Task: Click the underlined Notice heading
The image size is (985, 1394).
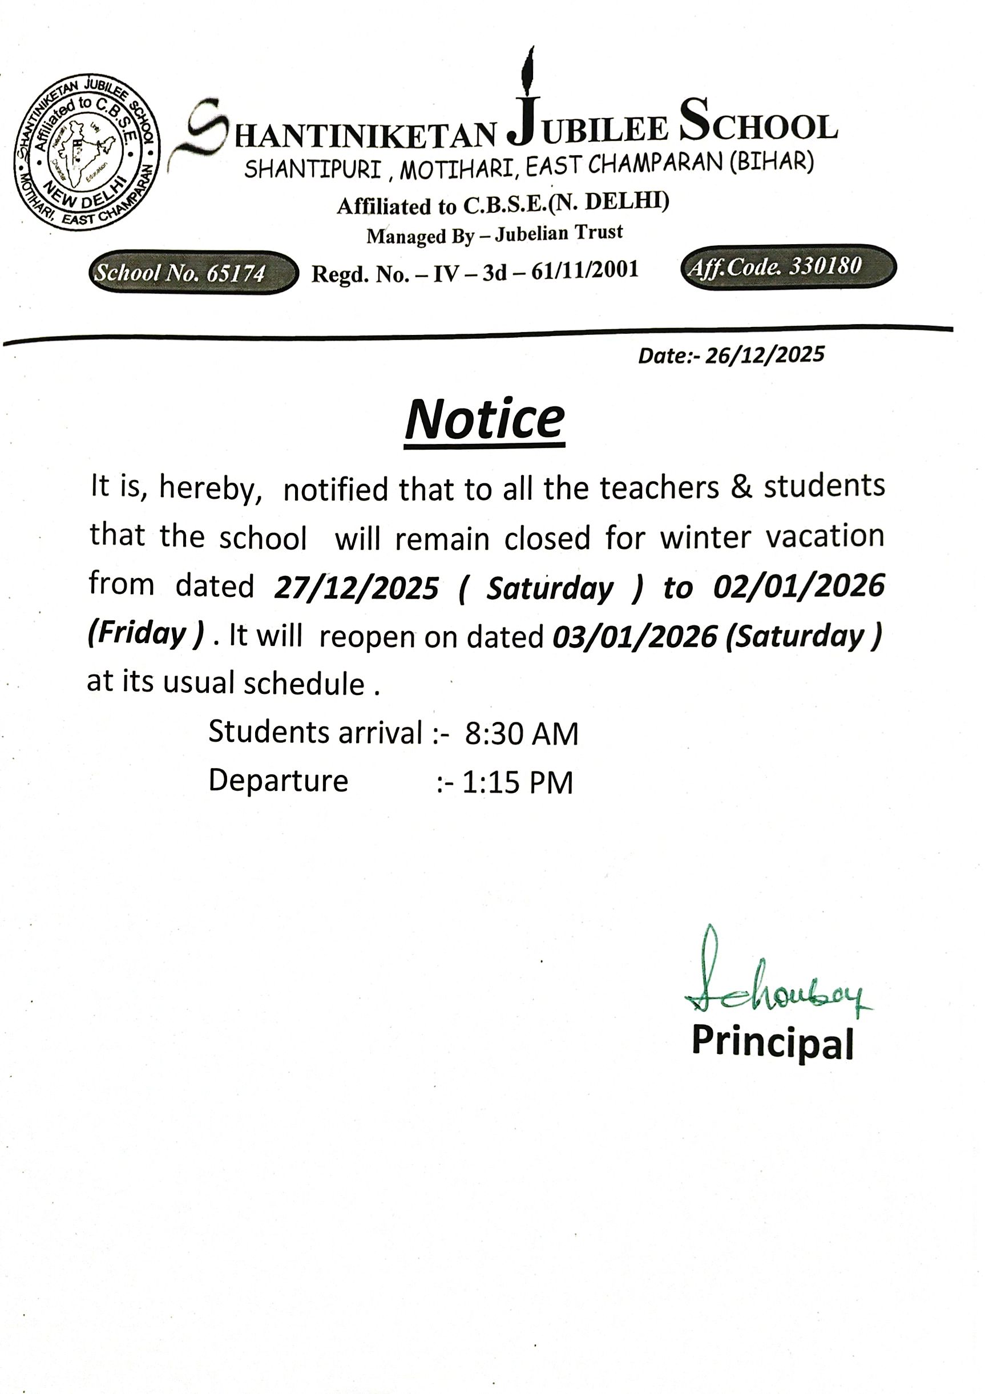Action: click(x=485, y=420)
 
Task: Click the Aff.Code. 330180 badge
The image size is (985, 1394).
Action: click(x=788, y=266)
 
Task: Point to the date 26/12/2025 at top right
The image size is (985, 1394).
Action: click(x=765, y=354)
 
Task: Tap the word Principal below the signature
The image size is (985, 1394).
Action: click(x=773, y=1042)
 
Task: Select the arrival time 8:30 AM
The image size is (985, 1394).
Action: click(x=522, y=733)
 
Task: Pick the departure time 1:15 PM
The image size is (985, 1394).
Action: click(x=518, y=783)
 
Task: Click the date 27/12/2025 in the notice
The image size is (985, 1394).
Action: click(x=357, y=588)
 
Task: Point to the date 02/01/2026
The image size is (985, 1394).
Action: click(x=798, y=586)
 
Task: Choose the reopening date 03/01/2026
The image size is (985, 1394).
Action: click(x=635, y=637)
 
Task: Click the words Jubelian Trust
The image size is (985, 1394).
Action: click(x=559, y=233)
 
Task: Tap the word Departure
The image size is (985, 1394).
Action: click(x=278, y=781)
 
